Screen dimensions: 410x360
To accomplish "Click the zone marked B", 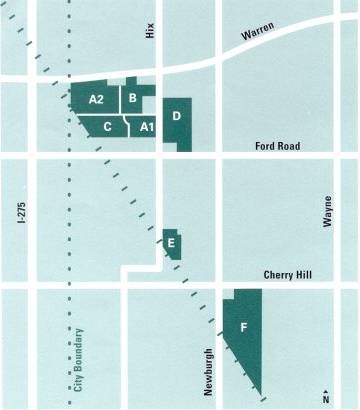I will tap(134, 98).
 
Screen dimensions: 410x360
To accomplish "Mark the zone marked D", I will tap(177, 118).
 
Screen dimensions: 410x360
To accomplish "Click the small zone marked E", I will tap(172, 243).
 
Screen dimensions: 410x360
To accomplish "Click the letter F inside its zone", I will tap(244, 326).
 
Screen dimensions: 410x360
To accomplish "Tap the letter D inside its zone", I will tap(176, 116).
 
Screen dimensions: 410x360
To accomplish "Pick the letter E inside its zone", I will tap(172, 242).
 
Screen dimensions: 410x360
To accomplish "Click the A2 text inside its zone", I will tap(97, 99).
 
